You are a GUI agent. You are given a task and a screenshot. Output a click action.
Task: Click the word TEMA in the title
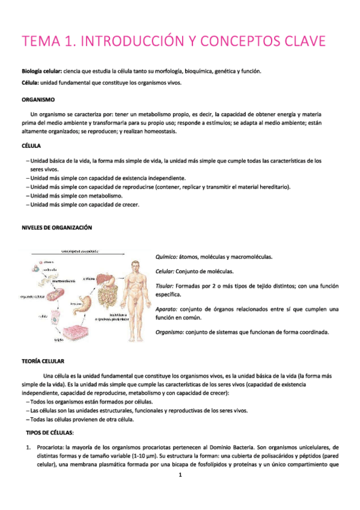coord(41,41)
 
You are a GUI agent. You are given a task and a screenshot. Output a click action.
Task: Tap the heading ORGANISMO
coord(38,99)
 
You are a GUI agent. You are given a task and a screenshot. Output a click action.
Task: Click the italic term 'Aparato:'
coord(166,309)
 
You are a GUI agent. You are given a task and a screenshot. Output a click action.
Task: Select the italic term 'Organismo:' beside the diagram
coord(169,332)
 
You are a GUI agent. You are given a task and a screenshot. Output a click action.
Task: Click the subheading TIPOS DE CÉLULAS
coord(49,433)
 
